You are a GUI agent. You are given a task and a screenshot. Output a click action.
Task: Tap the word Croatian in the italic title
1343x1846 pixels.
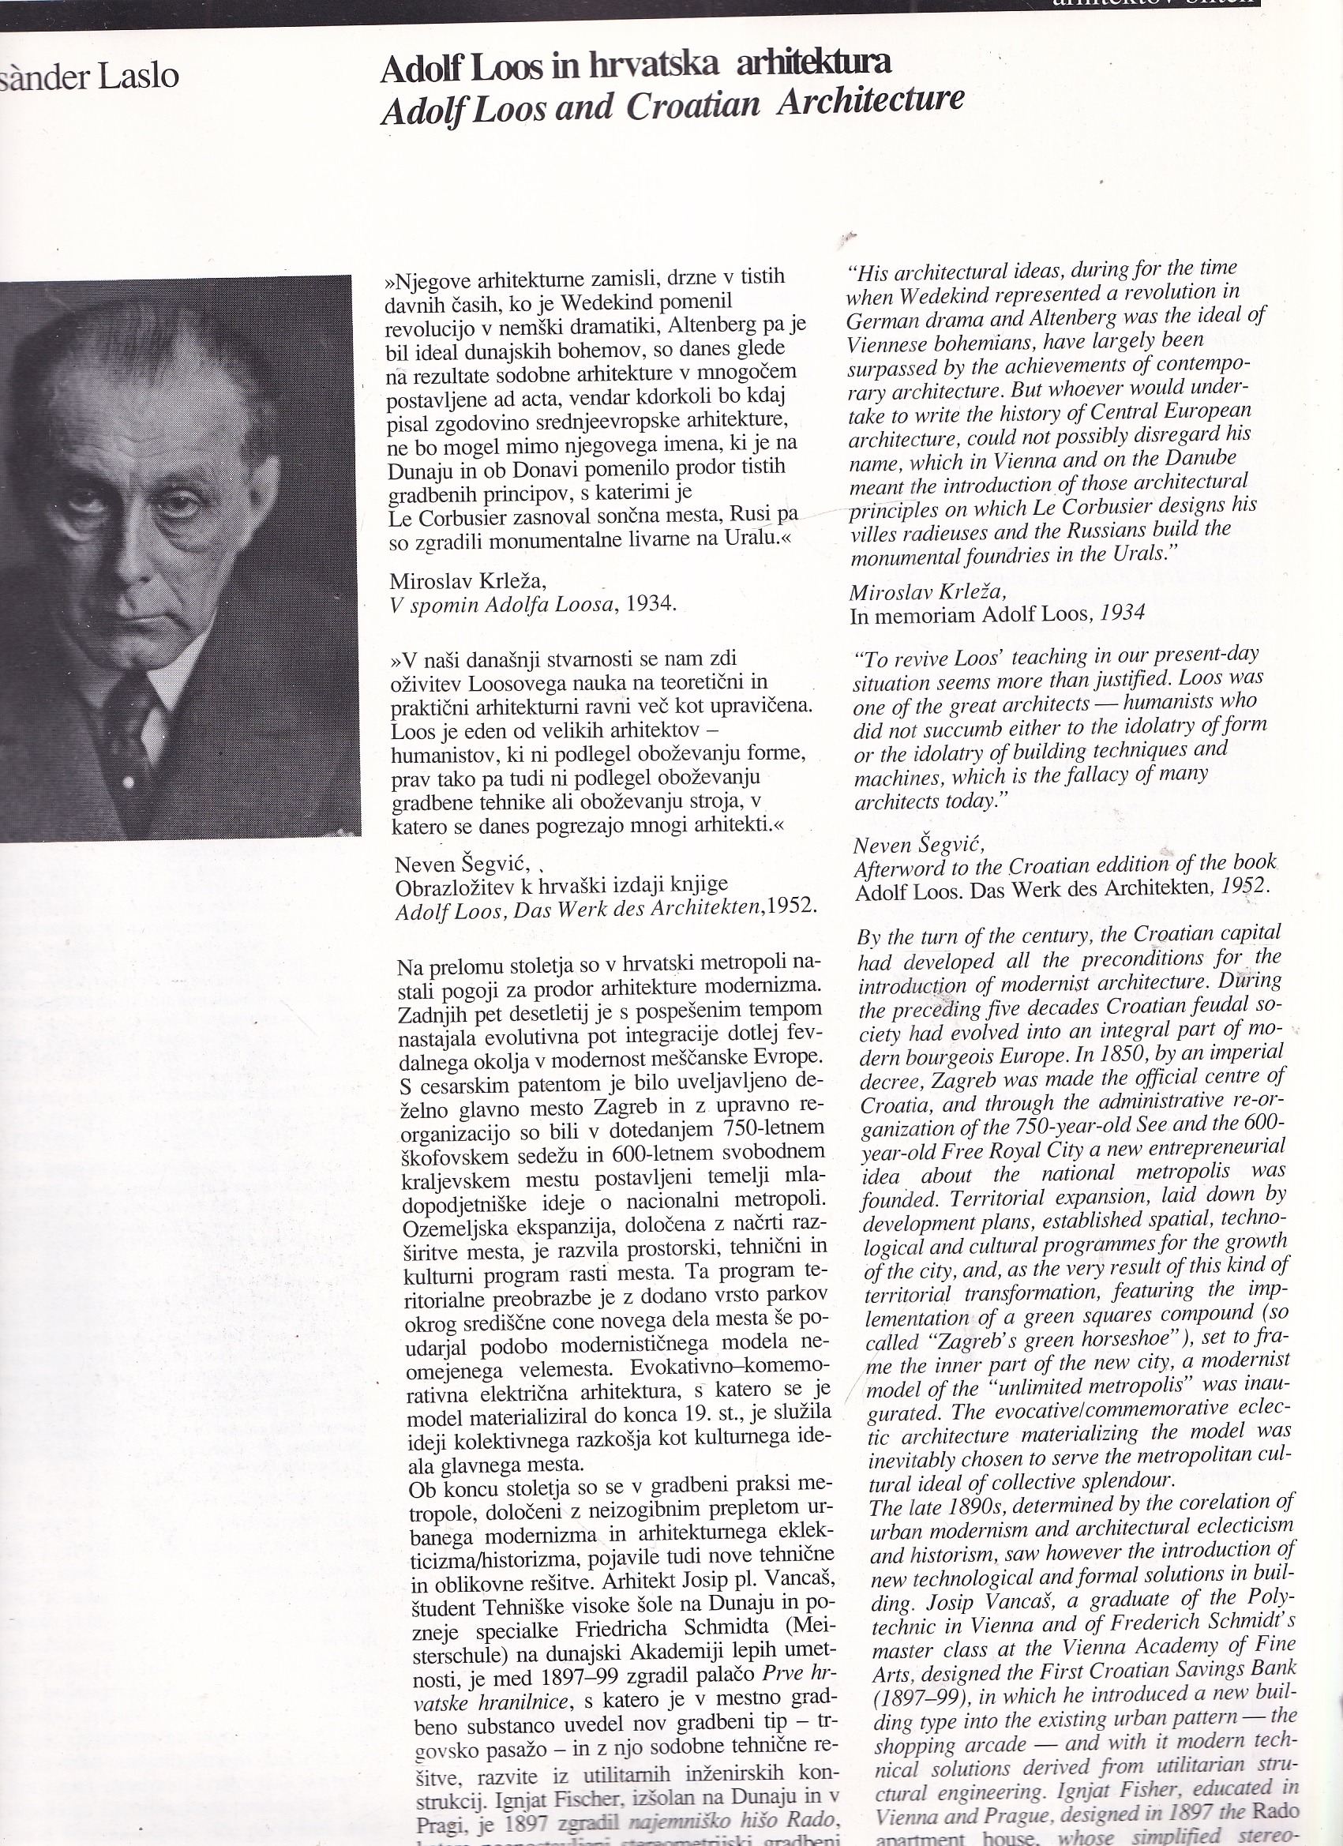692,106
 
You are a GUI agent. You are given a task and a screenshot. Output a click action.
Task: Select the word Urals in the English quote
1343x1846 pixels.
1131,554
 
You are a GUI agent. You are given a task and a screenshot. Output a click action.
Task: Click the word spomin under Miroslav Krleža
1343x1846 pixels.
439,605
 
